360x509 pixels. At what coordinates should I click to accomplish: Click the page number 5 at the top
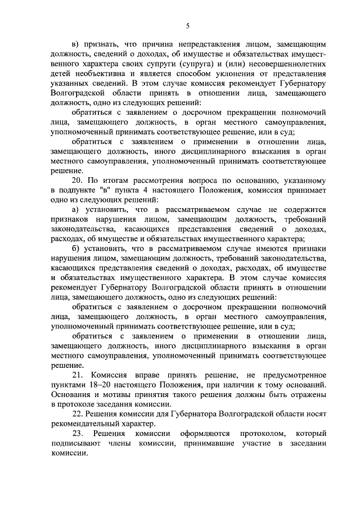[x=188, y=24]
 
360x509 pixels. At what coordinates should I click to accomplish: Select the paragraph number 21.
[x=78, y=375]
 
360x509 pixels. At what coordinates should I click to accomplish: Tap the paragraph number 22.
[x=78, y=413]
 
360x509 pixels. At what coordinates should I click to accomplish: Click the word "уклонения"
[x=239, y=73]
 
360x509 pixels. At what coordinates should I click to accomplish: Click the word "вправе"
[x=143, y=375]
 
